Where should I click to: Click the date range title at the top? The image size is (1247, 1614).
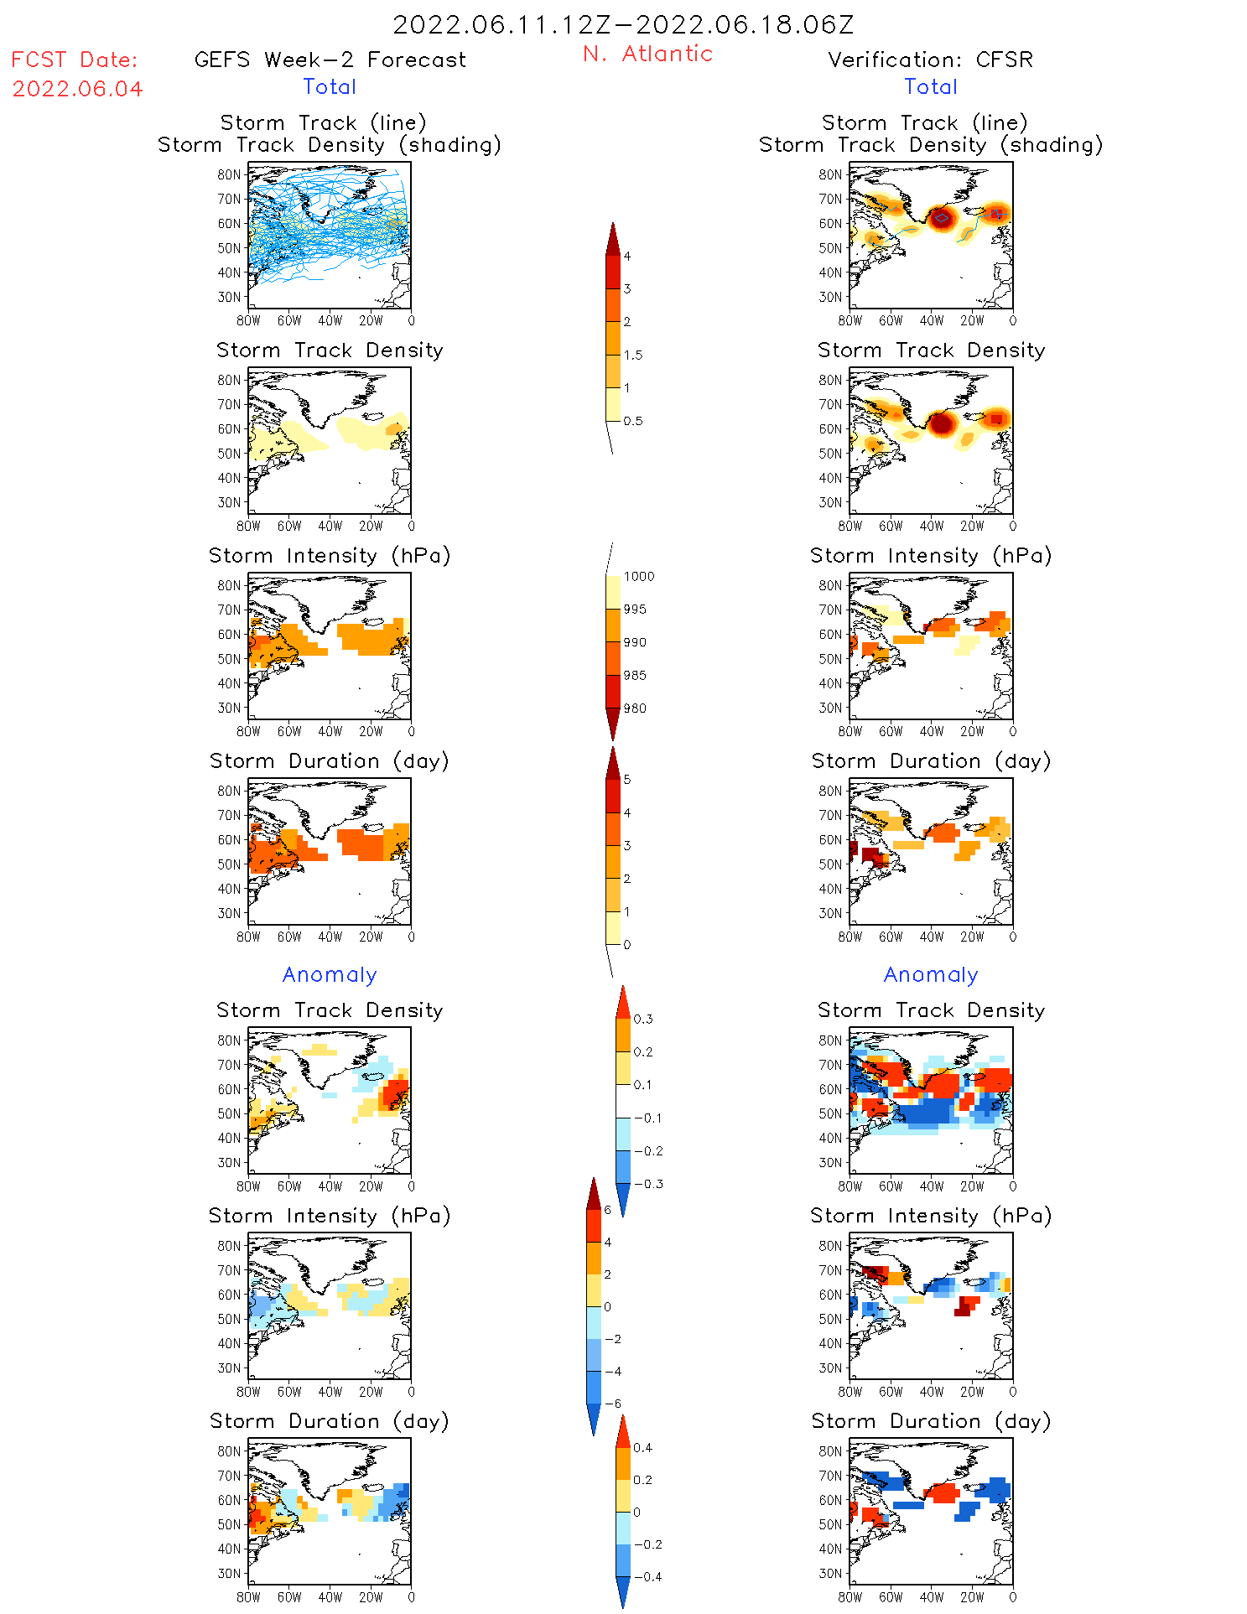pyautogui.click(x=623, y=24)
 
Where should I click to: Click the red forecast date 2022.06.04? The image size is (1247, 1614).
pyautogui.click(x=77, y=89)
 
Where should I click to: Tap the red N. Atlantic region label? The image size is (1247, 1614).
pyautogui.click(x=647, y=54)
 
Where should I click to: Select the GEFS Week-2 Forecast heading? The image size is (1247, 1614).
pyautogui.click(x=330, y=60)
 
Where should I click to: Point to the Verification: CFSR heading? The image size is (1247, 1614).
pyautogui.click(x=930, y=60)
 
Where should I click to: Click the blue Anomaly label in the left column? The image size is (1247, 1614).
pyautogui.click(x=330, y=974)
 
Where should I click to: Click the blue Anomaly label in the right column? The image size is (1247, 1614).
pyautogui.click(x=931, y=974)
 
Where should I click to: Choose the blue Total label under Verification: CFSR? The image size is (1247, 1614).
pyautogui.click(x=931, y=86)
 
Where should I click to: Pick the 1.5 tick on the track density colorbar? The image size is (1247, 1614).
pyautogui.click(x=633, y=355)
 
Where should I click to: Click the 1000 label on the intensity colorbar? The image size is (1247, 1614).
pyautogui.click(x=639, y=576)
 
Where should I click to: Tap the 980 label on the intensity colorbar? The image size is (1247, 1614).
pyautogui.click(x=635, y=708)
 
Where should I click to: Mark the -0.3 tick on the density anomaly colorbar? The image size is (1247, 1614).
pyautogui.click(x=647, y=1184)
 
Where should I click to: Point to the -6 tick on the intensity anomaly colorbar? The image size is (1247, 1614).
pyautogui.click(x=614, y=1404)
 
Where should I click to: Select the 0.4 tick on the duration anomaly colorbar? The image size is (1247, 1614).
pyautogui.click(x=642, y=1447)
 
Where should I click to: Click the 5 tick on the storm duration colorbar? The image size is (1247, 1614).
pyautogui.click(x=627, y=780)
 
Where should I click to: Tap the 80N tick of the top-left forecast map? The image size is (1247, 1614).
pyautogui.click(x=229, y=174)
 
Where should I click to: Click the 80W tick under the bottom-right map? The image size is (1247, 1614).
pyautogui.click(x=850, y=1597)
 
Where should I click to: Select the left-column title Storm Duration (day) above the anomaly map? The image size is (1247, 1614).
pyautogui.click(x=330, y=1421)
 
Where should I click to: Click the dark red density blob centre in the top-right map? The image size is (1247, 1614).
pyautogui.click(x=942, y=218)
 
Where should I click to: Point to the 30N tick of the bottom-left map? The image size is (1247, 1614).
pyautogui.click(x=229, y=1573)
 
